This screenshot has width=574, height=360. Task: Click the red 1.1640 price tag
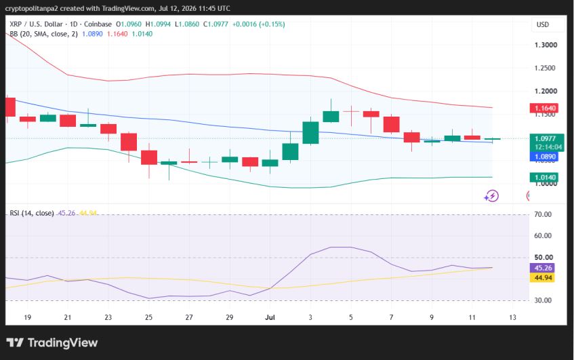544,108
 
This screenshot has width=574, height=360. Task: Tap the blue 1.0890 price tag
544,157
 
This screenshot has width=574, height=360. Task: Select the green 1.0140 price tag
544,178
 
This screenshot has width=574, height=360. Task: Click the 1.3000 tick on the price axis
546,45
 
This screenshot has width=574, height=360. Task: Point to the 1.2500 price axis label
545,68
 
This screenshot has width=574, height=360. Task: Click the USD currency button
543,24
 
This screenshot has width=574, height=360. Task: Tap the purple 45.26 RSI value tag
543,268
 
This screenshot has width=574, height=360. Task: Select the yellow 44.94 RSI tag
543,277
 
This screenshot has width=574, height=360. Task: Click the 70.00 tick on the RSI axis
543,214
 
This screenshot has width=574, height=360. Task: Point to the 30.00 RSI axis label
543,300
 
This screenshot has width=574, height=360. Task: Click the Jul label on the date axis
270,317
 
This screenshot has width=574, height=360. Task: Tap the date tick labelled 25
148,317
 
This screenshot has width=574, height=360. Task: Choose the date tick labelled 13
512,317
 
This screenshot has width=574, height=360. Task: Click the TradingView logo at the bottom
52,343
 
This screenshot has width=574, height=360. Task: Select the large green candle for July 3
311,133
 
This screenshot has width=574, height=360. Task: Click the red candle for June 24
129,142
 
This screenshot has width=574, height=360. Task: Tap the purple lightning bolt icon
491,197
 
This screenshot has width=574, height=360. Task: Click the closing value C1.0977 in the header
216,24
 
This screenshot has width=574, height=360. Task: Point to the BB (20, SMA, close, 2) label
43,34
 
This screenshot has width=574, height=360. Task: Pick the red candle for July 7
391,125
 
